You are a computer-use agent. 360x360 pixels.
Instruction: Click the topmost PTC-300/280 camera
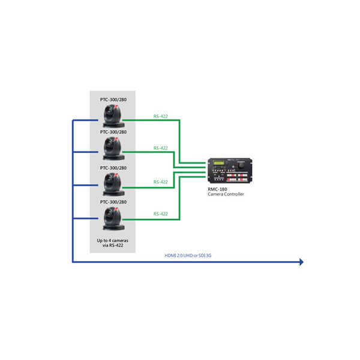[x=113, y=116]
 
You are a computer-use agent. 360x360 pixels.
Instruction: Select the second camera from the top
[x=113, y=148]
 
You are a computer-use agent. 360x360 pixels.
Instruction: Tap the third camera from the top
[x=113, y=184]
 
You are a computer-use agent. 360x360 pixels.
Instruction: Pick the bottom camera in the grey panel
[x=113, y=218]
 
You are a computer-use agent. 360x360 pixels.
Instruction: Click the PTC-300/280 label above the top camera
[x=113, y=100]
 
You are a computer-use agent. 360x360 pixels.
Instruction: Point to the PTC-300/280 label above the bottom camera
[x=113, y=202]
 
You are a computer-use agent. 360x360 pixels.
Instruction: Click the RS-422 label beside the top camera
[x=160, y=116]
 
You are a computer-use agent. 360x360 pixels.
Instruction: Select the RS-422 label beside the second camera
[x=160, y=148]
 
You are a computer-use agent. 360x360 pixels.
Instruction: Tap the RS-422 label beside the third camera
[x=160, y=182]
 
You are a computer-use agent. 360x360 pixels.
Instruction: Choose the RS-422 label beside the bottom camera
[x=160, y=214]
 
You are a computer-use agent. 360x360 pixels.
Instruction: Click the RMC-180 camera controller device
[x=230, y=170]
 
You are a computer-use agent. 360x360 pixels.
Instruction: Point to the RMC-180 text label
[x=217, y=190]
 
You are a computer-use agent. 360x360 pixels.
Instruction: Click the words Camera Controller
[x=226, y=194]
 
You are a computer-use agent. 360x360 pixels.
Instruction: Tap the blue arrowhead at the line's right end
[x=301, y=262]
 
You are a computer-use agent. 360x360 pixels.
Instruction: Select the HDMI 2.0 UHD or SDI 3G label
[x=188, y=256]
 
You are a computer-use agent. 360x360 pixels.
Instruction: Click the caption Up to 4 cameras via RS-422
[x=113, y=243]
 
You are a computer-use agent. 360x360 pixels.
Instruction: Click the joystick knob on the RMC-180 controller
[x=241, y=165]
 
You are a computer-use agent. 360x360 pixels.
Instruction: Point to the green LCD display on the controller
[x=219, y=163]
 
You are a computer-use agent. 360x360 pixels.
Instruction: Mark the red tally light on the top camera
[x=116, y=107]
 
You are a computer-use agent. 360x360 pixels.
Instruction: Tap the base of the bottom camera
[x=113, y=227]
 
